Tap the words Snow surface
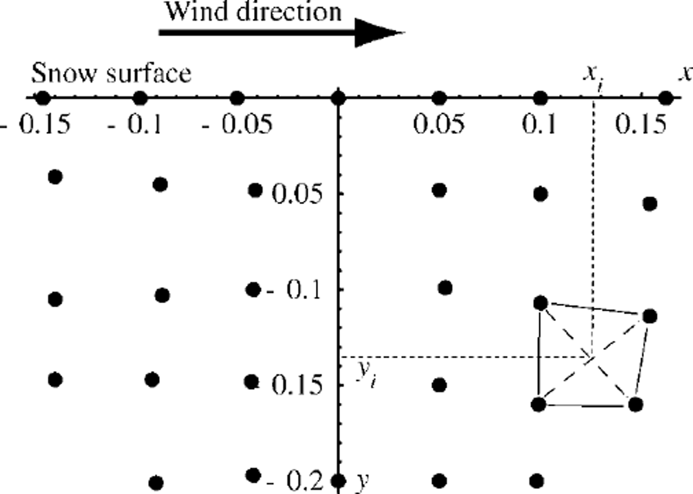coord(111,74)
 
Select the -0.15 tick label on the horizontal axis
coord(38,124)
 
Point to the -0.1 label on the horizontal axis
coord(136,124)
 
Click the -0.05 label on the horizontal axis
coord(238,124)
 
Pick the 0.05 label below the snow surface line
coord(439,124)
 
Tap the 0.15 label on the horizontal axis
coord(641,124)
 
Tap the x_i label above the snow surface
coord(593,74)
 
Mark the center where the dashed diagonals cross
coord(592,357)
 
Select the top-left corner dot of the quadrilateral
coord(540,302)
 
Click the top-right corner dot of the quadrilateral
coord(649,316)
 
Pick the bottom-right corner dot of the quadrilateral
coord(636,404)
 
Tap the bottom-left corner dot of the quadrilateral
coord(539,404)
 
